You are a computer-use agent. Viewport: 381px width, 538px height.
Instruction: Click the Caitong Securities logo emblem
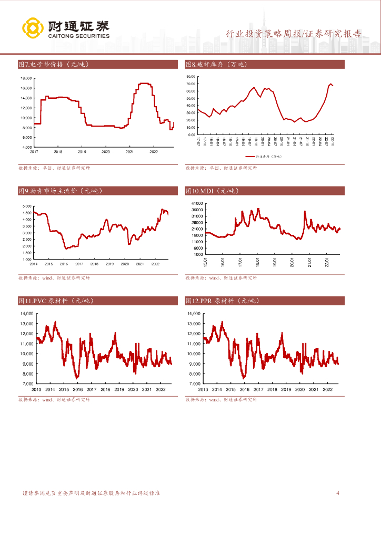32,28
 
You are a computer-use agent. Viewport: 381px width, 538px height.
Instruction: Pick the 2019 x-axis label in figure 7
82,151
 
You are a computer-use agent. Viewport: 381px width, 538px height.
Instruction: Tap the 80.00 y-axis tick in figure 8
190,77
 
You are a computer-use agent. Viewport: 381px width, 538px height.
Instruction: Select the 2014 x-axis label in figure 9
33,264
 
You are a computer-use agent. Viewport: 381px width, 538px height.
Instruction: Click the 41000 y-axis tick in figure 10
196,203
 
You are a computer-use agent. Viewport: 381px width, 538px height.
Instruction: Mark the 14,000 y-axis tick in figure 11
26,314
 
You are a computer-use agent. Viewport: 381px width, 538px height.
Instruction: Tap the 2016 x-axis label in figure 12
244,389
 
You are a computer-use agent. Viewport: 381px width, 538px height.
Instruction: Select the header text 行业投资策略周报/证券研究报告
294,34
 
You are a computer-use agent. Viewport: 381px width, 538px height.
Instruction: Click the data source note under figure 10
221,277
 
